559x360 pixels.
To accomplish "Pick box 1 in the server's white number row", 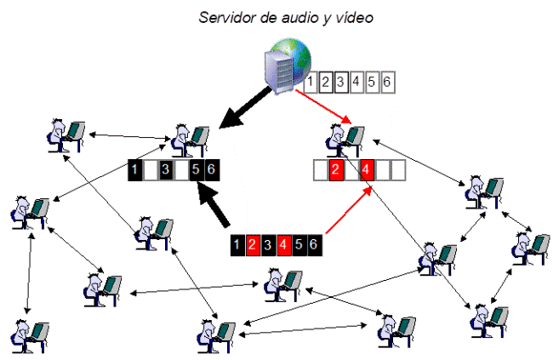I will [312, 83].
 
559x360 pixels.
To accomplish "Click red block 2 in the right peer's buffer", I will [335, 170].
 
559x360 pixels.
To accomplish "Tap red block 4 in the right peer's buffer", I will [367, 170].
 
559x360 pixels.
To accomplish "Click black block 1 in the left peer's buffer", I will [135, 170].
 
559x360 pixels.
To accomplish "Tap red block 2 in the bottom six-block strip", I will [253, 245].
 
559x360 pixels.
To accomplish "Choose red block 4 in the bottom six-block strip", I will [283, 245].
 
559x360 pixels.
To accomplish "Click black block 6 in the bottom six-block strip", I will [314, 245].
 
